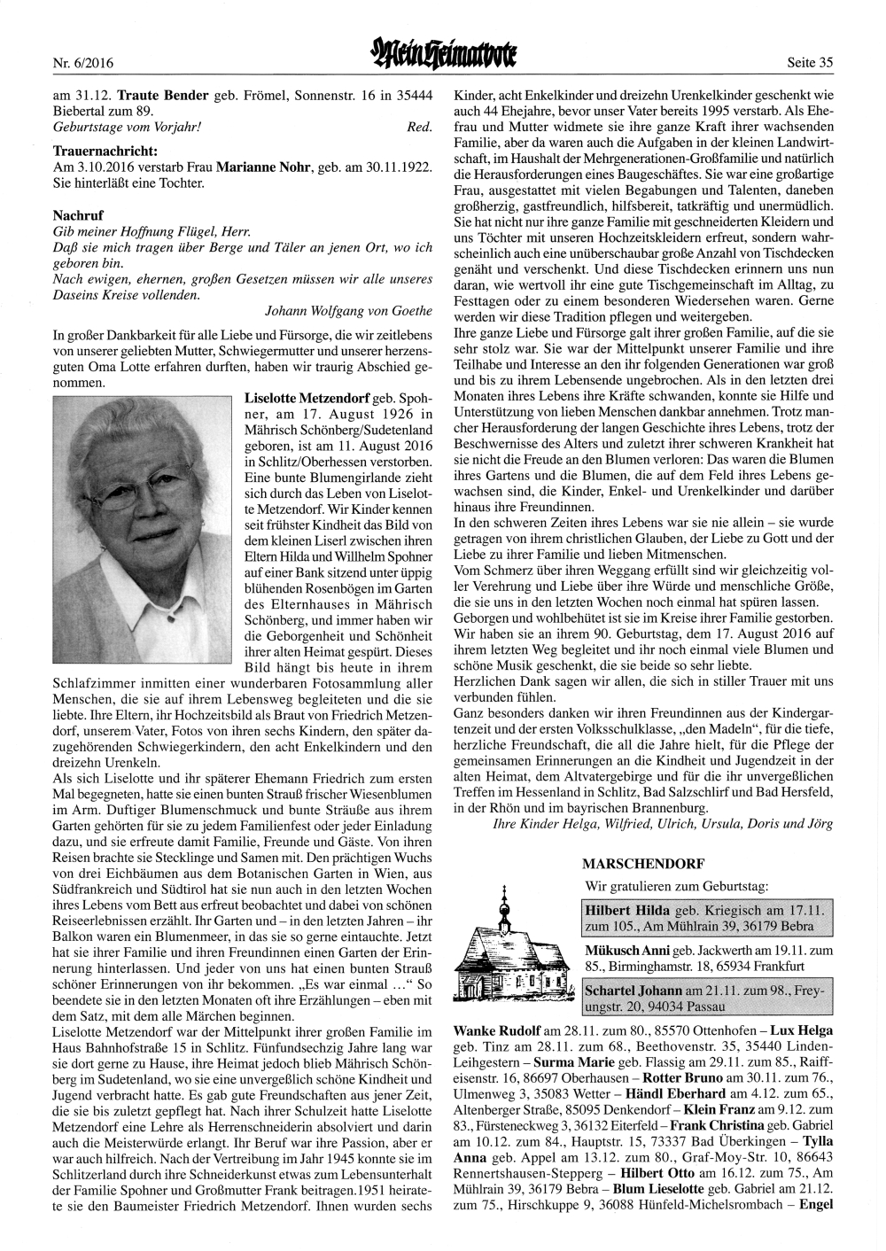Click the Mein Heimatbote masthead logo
coord(444,58)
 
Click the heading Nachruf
coord(78,215)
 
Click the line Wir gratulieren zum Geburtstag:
coord(676,885)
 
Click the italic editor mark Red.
coord(419,127)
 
